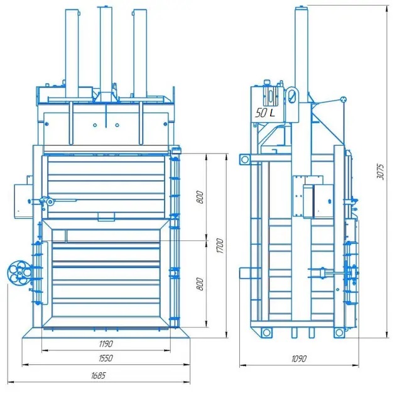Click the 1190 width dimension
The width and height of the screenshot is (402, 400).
coord(105,344)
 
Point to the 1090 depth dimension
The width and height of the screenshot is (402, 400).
coord(298,358)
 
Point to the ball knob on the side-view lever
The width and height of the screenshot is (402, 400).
coord(343,99)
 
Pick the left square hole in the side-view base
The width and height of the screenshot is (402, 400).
coord(267,331)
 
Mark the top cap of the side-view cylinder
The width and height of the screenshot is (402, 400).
coord(302,7)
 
